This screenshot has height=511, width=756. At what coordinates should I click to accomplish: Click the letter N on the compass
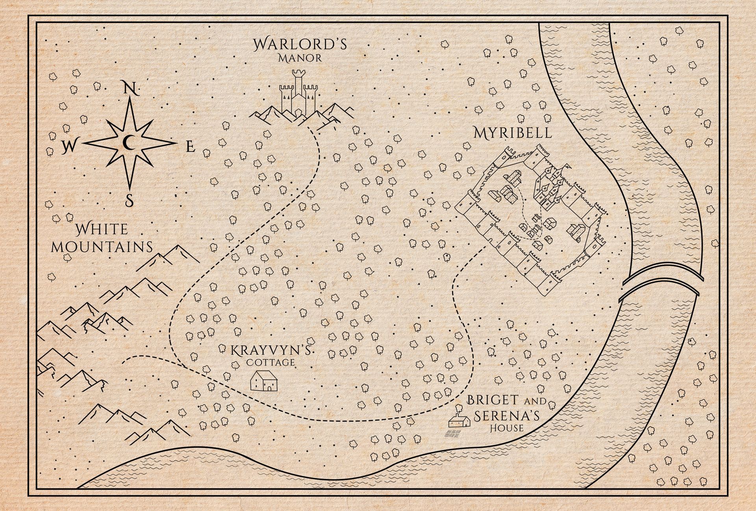[130, 88]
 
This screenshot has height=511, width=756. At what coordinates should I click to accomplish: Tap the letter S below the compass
[129, 201]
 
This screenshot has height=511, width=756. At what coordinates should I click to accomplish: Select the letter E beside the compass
[191, 147]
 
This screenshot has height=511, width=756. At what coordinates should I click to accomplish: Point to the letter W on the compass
[69, 147]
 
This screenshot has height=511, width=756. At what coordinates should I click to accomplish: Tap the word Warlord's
[300, 44]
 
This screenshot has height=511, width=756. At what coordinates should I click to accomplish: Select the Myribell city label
[513, 133]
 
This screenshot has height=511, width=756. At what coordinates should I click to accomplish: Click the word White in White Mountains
[102, 229]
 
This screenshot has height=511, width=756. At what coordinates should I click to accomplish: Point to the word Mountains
[102, 247]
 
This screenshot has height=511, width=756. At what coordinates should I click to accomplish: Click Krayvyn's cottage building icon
[264, 381]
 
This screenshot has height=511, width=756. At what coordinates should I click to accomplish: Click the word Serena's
[506, 416]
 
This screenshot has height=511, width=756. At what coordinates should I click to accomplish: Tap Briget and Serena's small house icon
[460, 421]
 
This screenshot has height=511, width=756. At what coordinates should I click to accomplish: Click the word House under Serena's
[506, 428]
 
